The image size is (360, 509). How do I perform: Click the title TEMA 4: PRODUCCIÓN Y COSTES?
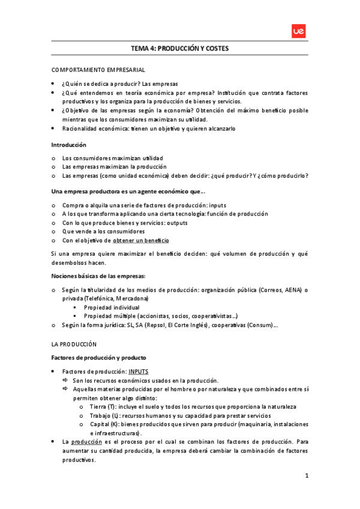(x=180, y=49)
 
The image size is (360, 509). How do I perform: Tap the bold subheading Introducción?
(x=69, y=145)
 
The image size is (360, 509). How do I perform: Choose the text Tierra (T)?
(x=103, y=406)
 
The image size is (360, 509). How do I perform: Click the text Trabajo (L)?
(x=106, y=415)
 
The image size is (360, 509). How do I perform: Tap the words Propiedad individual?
(x=112, y=307)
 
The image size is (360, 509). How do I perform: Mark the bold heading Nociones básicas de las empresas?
(x=98, y=276)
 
